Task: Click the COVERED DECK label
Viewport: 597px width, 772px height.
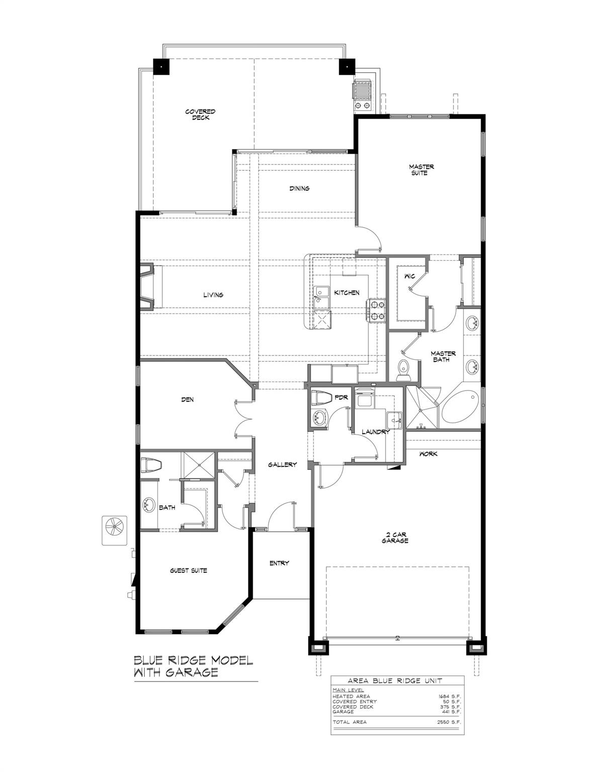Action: (x=200, y=115)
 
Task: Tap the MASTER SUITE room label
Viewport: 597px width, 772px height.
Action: (x=421, y=169)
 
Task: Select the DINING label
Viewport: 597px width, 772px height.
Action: (x=299, y=188)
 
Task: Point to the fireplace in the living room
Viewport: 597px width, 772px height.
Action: (x=147, y=287)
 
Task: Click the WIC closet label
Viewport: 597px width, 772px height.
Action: (x=409, y=276)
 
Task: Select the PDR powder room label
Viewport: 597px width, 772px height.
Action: (x=341, y=398)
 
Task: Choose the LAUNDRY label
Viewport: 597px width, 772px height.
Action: (x=376, y=432)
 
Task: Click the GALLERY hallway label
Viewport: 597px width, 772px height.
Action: (x=282, y=464)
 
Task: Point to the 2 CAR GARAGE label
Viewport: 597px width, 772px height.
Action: (x=395, y=537)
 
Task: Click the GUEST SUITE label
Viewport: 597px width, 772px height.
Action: (x=188, y=570)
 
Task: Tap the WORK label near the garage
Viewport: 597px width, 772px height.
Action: (x=428, y=454)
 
